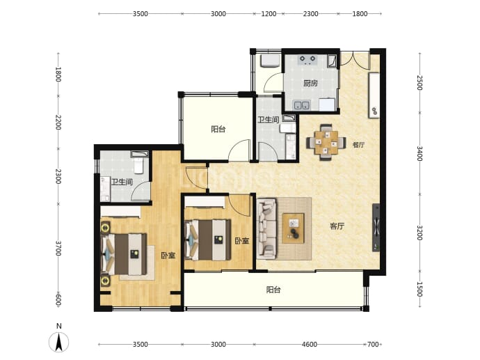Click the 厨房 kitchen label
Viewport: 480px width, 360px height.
[310, 83]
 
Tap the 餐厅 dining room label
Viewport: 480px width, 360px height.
[358, 145]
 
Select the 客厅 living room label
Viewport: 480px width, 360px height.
[337, 226]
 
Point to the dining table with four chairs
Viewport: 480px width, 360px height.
[326, 142]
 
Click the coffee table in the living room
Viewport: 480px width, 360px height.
[294, 228]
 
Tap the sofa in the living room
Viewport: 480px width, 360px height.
[266, 228]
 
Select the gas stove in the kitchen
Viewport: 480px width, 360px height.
[307, 59]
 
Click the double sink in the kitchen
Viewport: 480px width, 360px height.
[302, 104]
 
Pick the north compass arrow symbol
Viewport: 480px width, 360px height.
[58, 342]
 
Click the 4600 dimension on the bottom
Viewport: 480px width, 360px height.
[310, 345]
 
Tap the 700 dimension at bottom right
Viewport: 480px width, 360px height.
[373, 345]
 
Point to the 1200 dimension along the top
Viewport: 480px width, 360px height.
[269, 14]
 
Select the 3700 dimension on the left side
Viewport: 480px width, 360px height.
[58, 248]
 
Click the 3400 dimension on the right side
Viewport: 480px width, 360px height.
[419, 153]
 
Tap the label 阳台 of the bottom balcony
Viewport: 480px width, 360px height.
[273, 290]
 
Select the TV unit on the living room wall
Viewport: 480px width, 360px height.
[376, 228]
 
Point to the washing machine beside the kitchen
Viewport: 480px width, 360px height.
[270, 61]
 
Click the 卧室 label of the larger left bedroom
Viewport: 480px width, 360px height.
[168, 256]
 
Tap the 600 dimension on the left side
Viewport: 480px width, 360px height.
[58, 300]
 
